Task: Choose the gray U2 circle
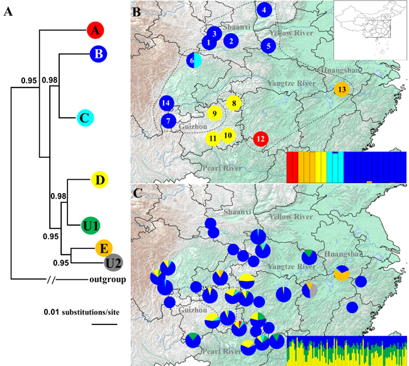pyautogui.click(x=114, y=262)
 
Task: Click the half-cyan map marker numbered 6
pyautogui.click(x=193, y=60)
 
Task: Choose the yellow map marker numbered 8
pyautogui.click(x=233, y=103)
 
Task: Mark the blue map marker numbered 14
pyautogui.click(x=166, y=103)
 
